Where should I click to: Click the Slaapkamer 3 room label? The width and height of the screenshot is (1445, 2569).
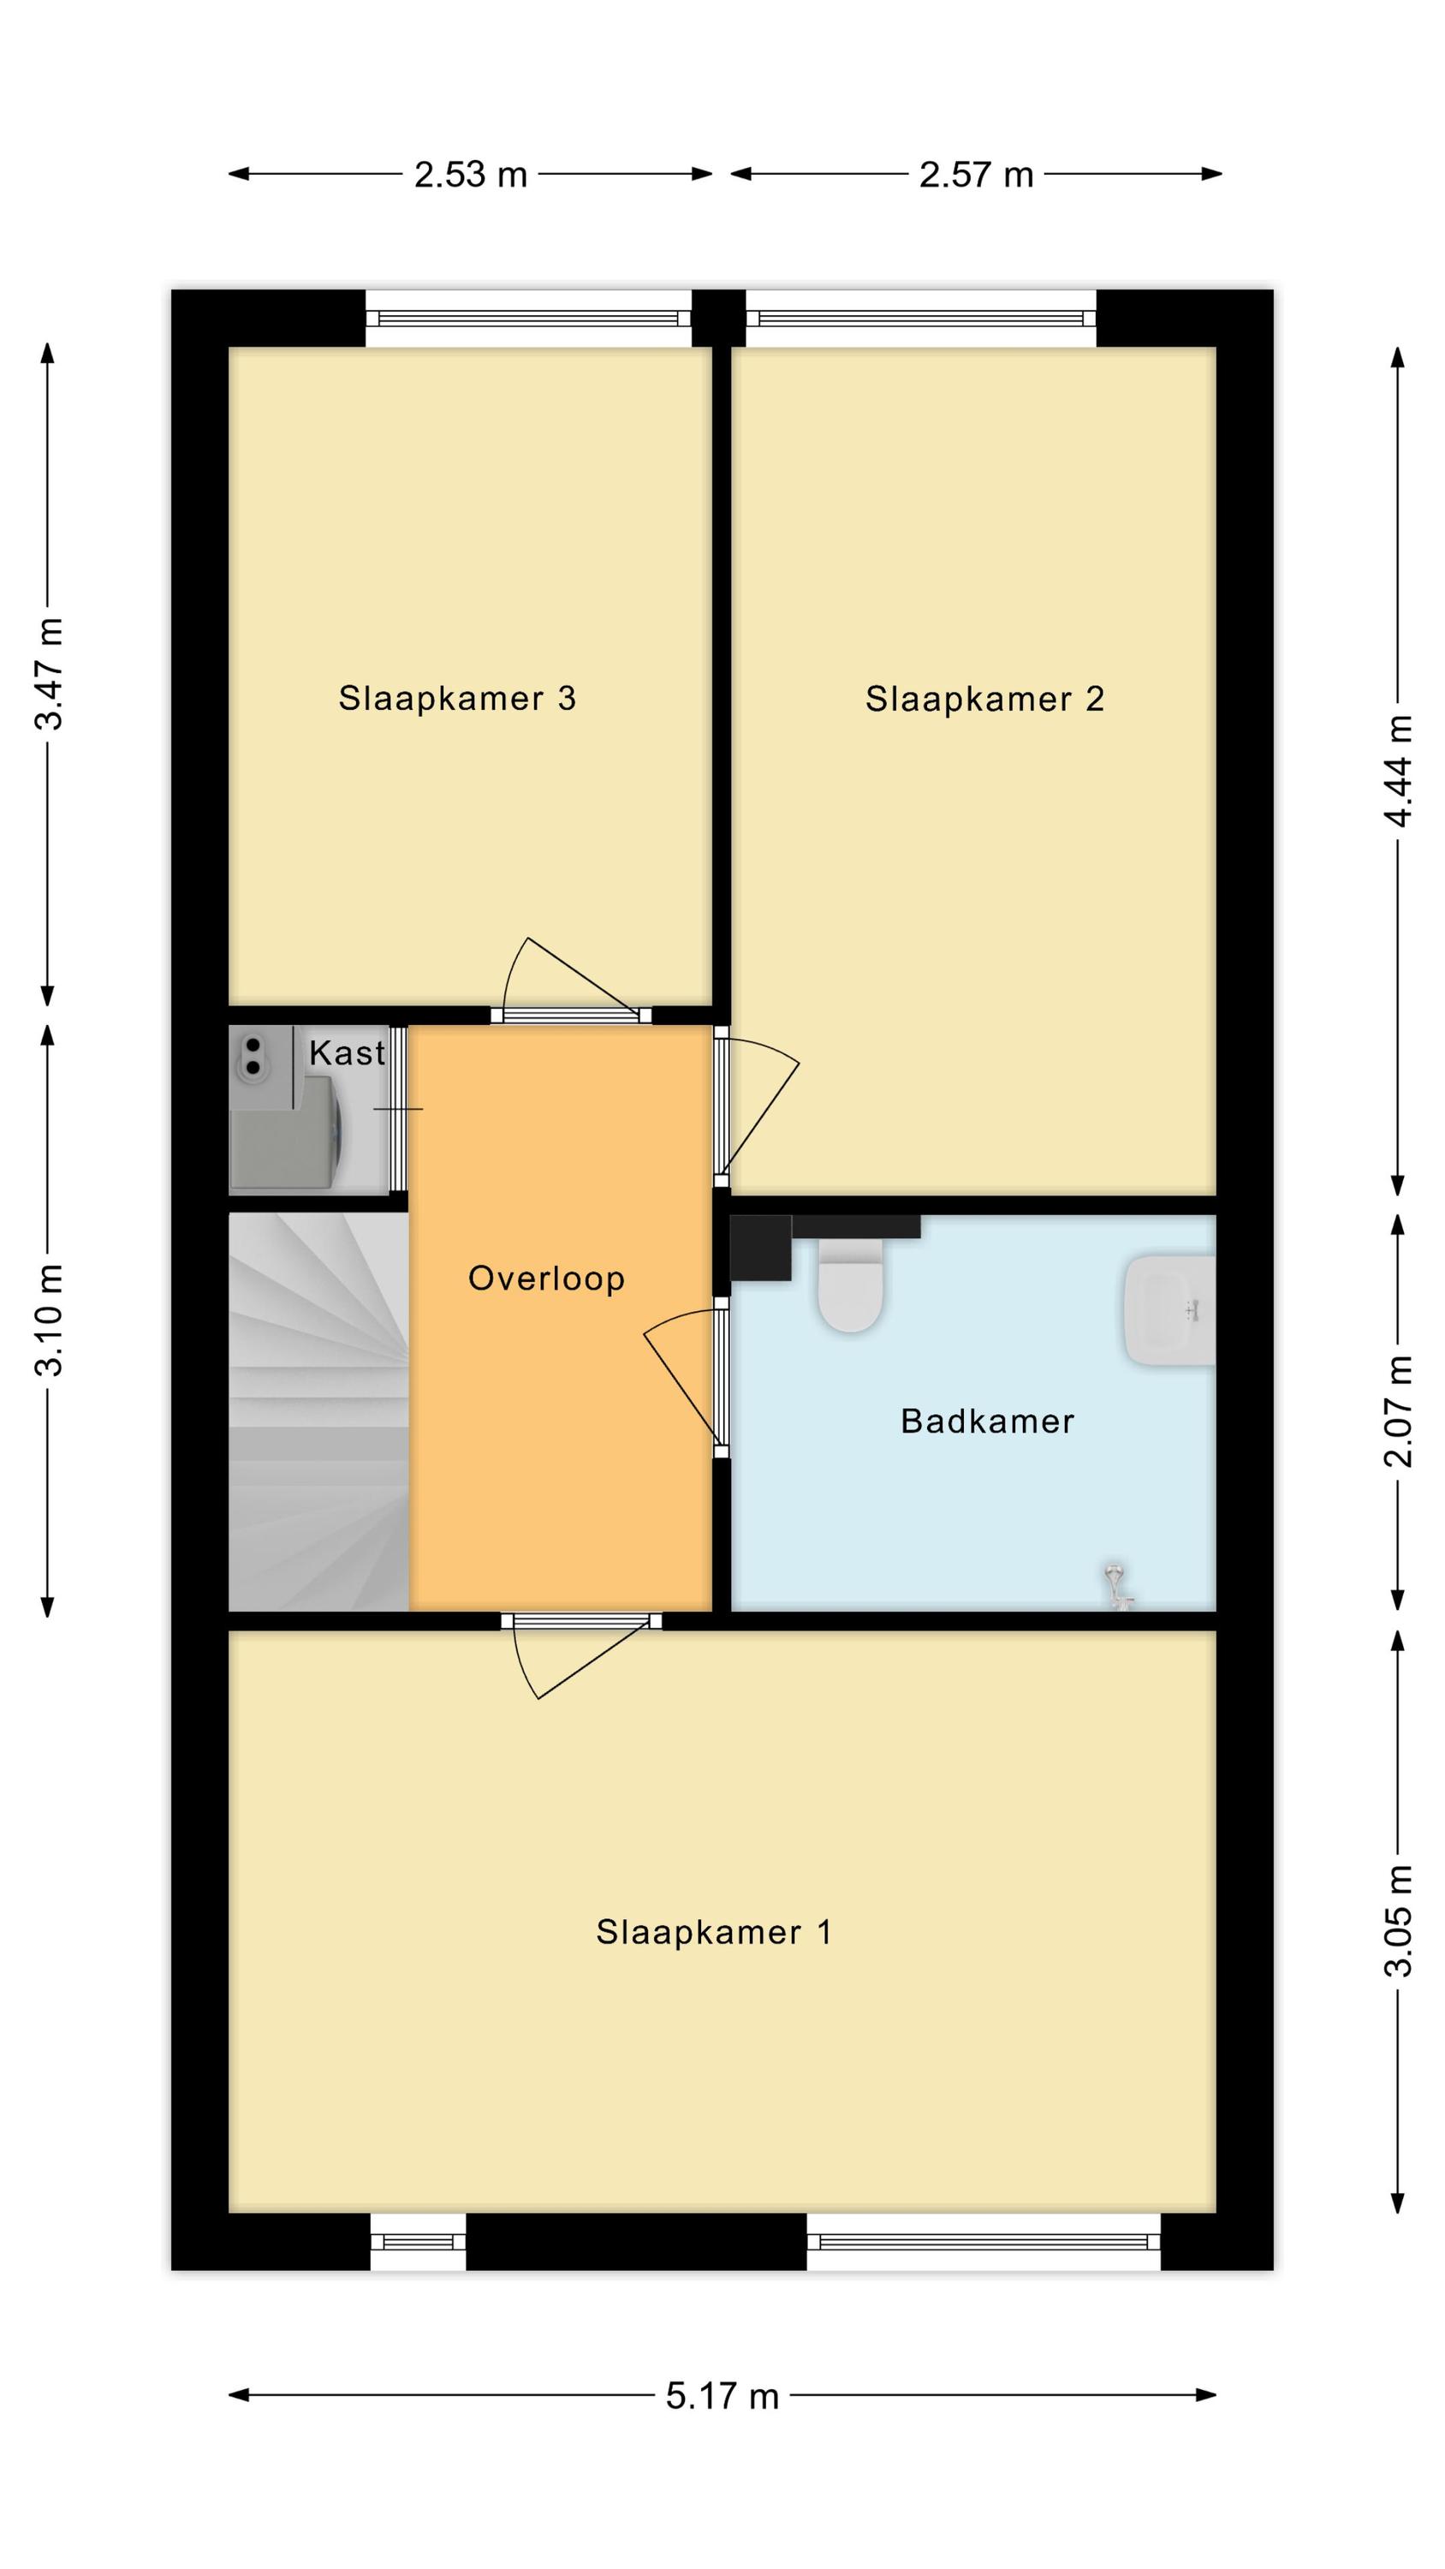tap(457, 698)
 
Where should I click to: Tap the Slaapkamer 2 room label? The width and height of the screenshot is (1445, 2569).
tap(984, 699)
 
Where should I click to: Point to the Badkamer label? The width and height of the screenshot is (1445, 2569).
tap(987, 1422)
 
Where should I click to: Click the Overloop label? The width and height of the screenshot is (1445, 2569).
tap(546, 1278)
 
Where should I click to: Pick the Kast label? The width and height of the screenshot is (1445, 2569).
tap(347, 1053)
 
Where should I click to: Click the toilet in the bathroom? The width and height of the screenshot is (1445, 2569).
tap(851, 1285)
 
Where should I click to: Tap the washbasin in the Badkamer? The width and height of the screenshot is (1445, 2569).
tap(1169, 1309)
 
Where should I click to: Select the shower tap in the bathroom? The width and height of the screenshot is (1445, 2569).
tap(1118, 1587)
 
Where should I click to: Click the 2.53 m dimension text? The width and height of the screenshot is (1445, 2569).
tap(471, 176)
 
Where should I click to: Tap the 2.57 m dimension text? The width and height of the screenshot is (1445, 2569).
tap(976, 176)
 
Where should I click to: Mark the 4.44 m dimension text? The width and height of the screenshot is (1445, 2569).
tap(1398, 771)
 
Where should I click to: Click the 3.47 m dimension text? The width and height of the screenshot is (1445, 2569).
tap(49, 674)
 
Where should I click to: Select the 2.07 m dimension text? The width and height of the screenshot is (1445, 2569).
tap(1398, 1411)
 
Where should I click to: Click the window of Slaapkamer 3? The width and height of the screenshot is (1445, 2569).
tap(528, 319)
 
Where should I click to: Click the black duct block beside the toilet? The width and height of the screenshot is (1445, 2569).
tap(761, 1248)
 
